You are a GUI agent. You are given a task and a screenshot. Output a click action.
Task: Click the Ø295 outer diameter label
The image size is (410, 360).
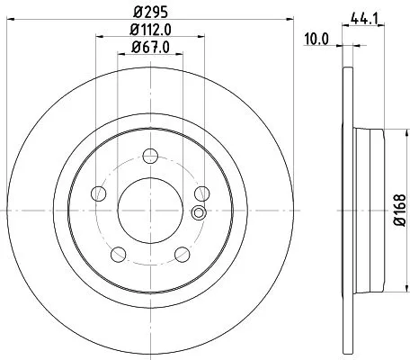point(150,13)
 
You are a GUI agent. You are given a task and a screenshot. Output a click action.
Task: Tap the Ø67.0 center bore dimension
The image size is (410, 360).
point(151,47)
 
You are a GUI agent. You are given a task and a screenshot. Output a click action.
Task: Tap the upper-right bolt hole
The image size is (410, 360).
point(201,193)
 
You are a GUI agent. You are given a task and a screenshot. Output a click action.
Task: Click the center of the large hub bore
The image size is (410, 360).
point(151,209)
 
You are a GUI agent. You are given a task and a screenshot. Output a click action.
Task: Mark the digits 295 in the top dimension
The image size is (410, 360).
point(156,13)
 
